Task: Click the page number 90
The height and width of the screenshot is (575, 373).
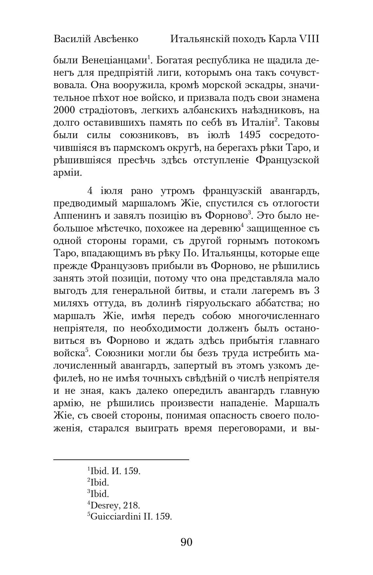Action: coord(186,542)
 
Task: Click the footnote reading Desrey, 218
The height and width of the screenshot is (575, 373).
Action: coord(114,506)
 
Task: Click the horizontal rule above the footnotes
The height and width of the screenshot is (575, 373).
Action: coord(121,460)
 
